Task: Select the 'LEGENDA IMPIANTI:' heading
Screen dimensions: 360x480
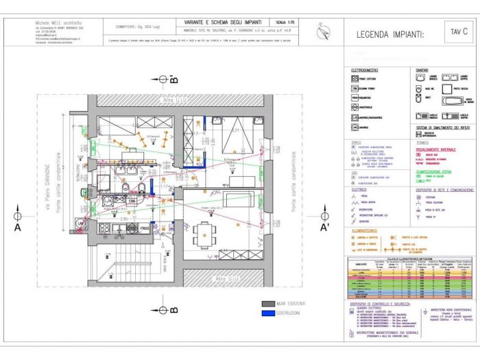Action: (390, 34)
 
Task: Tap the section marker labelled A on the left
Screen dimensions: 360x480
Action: (18, 226)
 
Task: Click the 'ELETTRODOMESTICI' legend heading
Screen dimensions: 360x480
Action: (366, 70)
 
